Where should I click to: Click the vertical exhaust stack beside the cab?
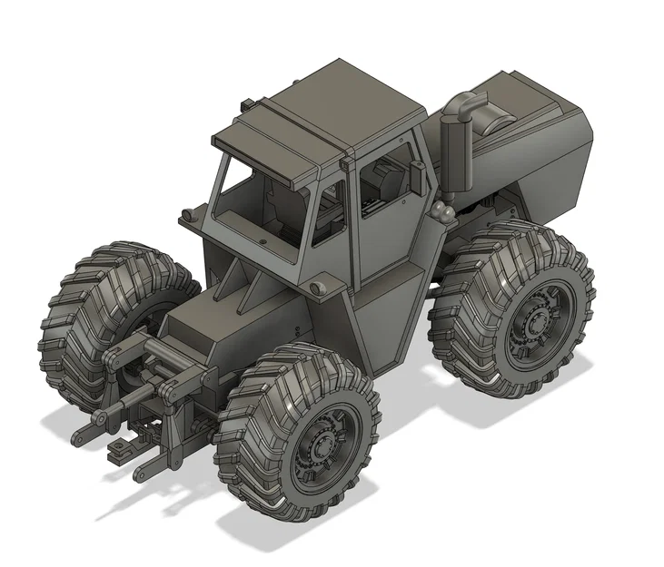pos(453,150)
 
